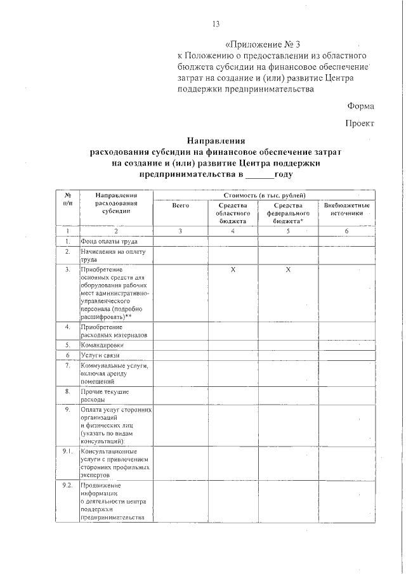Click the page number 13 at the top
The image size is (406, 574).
point(215,24)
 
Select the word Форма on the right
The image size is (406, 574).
point(360,106)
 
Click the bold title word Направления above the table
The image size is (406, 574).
point(216,141)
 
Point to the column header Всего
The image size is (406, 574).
point(181,205)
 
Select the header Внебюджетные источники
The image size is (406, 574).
point(346,210)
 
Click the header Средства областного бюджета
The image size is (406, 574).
point(233,214)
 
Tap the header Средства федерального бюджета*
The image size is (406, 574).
point(287,214)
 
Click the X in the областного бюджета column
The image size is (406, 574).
point(233,271)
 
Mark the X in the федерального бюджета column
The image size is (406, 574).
point(287,271)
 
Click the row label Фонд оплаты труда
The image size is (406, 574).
point(107,242)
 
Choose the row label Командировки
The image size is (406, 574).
point(106,345)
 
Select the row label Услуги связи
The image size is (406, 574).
point(100,356)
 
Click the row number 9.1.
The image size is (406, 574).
point(67,451)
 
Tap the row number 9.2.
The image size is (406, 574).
point(67,486)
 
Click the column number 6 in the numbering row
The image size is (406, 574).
point(346,231)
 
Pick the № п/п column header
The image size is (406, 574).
point(67,199)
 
